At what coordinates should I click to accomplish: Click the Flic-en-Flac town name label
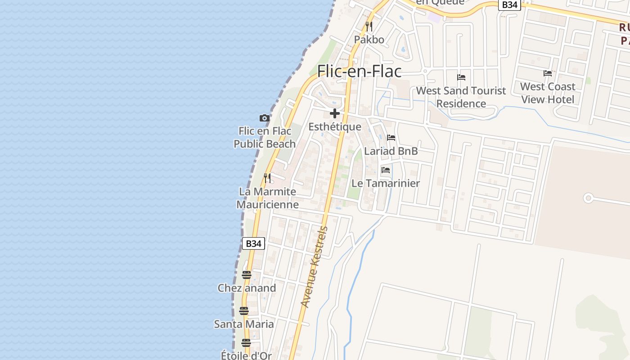pos(359,71)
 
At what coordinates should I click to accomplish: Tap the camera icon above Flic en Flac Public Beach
pos(265,118)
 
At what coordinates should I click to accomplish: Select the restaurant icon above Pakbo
pos(369,26)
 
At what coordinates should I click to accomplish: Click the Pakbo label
pos(369,40)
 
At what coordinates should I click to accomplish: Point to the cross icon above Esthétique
pos(335,113)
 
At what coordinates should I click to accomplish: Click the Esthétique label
pos(335,127)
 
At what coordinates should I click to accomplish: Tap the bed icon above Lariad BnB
pos(391,138)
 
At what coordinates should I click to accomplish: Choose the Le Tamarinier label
pos(386,183)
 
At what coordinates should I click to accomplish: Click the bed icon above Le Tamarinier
pos(386,170)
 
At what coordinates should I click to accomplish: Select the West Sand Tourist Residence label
pos(461,97)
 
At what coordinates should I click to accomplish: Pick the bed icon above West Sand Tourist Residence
pos(461,77)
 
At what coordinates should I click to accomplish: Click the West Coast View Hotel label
pos(548,93)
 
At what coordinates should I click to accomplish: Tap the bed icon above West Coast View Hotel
pos(548,73)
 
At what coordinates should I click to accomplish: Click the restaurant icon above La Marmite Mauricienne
pos(267,178)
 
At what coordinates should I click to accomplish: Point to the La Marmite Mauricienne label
pos(267,198)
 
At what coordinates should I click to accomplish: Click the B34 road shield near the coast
pos(253,243)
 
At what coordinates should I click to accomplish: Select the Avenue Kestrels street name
pos(315,267)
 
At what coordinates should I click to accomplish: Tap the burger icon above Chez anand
pos(247,275)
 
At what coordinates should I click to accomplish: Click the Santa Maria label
pos(244,324)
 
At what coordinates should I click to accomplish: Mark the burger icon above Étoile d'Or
pos(246,343)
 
